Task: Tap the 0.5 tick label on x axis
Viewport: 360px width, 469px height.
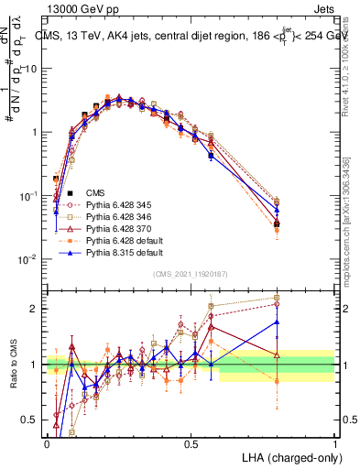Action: click(191, 442)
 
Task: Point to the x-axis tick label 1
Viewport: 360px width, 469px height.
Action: click(335, 442)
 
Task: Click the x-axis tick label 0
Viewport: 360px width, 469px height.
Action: click(47, 442)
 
